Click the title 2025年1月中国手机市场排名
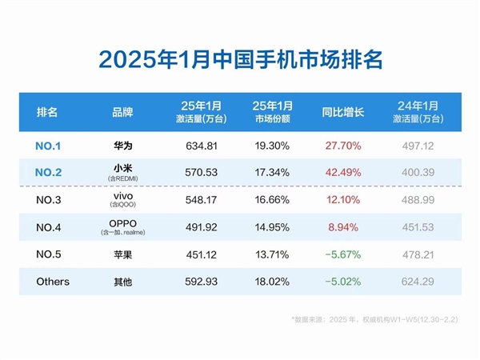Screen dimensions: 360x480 point(240,59)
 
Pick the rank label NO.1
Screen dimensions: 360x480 point(54,146)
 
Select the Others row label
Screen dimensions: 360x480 point(54,282)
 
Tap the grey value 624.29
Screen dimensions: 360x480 point(416,282)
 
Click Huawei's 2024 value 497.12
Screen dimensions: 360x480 point(416,146)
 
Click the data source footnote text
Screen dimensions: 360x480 point(374,318)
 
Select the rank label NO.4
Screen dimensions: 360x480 point(54,227)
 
